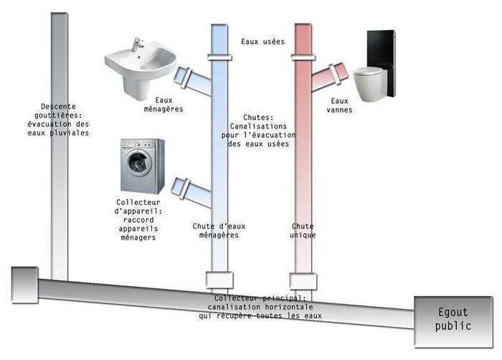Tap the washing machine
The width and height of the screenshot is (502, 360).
pyautogui.click(x=142, y=166)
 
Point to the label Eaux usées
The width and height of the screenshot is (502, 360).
pyautogui.click(x=263, y=42)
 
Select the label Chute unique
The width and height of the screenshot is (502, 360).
pyautogui.click(x=303, y=230)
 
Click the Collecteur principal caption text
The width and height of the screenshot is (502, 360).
pyautogui.click(x=260, y=306)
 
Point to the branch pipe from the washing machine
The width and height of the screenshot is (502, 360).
pyautogui.click(x=191, y=189)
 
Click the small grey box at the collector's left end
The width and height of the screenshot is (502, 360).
pyautogui.click(x=24, y=284)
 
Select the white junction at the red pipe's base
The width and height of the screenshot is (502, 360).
pyautogui.click(x=303, y=279)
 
